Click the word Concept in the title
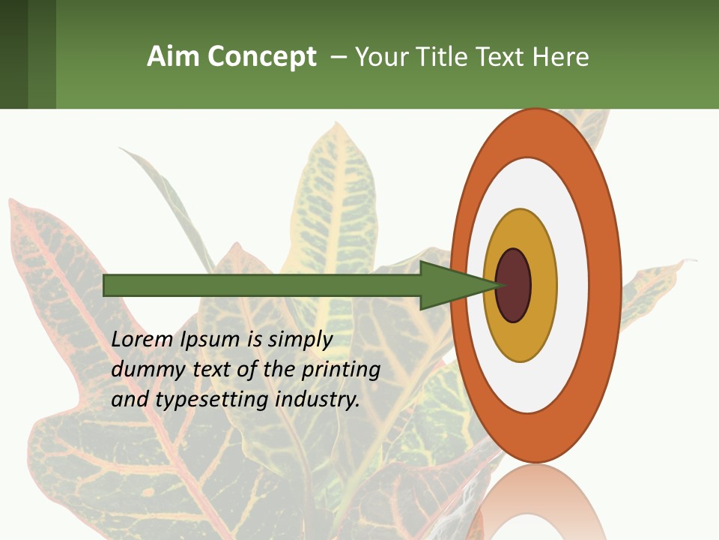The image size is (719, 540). tap(262, 57)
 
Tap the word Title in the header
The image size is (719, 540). tap(446, 57)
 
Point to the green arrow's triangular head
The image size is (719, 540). tap(449, 286)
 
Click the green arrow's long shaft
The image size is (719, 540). tap(262, 286)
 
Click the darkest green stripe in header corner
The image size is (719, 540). tap(13, 54)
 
